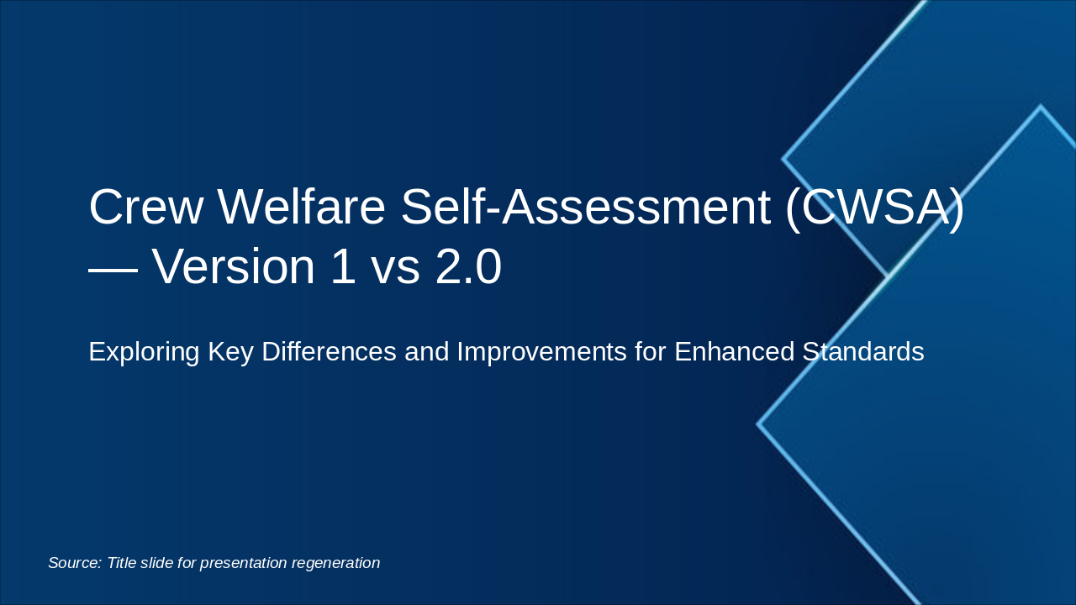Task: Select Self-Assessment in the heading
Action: (585, 208)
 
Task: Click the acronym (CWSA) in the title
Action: (874, 208)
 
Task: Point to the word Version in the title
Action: (234, 267)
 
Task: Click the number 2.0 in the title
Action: (468, 267)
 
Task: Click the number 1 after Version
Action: (342, 267)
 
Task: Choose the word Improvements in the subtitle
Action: (541, 351)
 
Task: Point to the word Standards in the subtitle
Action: (862, 351)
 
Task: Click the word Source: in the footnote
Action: (75, 563)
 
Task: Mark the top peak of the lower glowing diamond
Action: (1041, 107)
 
